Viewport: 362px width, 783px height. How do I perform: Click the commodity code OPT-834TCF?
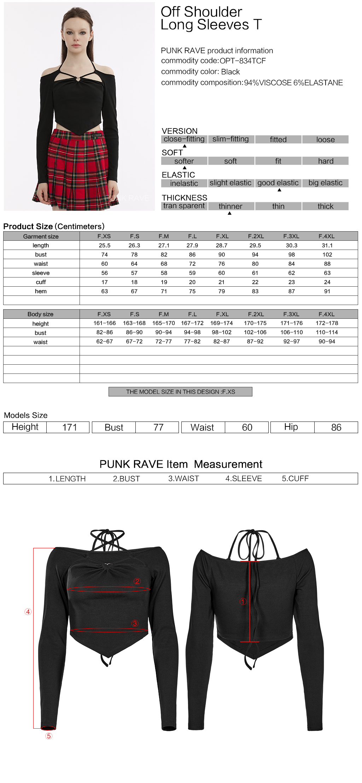point(243,61)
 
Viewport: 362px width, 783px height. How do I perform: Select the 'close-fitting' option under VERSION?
point(184,139)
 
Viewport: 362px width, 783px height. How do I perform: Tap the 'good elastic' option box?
point(278,183)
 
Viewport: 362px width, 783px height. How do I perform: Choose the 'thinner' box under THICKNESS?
point(230,206)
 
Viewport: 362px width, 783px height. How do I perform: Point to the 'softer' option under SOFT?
point(184,161)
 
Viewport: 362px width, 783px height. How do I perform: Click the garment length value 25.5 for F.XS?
point(105,245)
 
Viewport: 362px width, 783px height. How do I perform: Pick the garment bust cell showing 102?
point(327,255)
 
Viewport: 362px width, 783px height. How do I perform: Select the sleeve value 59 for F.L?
point(192,273)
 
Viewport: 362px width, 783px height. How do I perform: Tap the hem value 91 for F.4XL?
point(327,291)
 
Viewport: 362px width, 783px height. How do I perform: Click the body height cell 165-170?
point(163,323)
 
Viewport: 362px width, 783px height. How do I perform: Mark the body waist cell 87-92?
point(255,341)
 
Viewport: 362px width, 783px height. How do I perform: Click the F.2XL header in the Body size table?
point(256,314)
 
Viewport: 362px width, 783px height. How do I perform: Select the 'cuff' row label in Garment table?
point(41,282)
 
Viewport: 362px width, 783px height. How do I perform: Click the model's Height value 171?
point(69,427)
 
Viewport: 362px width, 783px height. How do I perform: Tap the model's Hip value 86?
point(336,427)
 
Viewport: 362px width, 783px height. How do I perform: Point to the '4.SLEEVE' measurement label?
point(244,478)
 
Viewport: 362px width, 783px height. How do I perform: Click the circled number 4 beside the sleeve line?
point(28,612)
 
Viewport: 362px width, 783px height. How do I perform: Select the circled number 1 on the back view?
point(243,601)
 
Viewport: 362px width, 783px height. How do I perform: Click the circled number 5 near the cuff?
point(49,736)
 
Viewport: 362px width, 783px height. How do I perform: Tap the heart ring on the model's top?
point(77,79)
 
